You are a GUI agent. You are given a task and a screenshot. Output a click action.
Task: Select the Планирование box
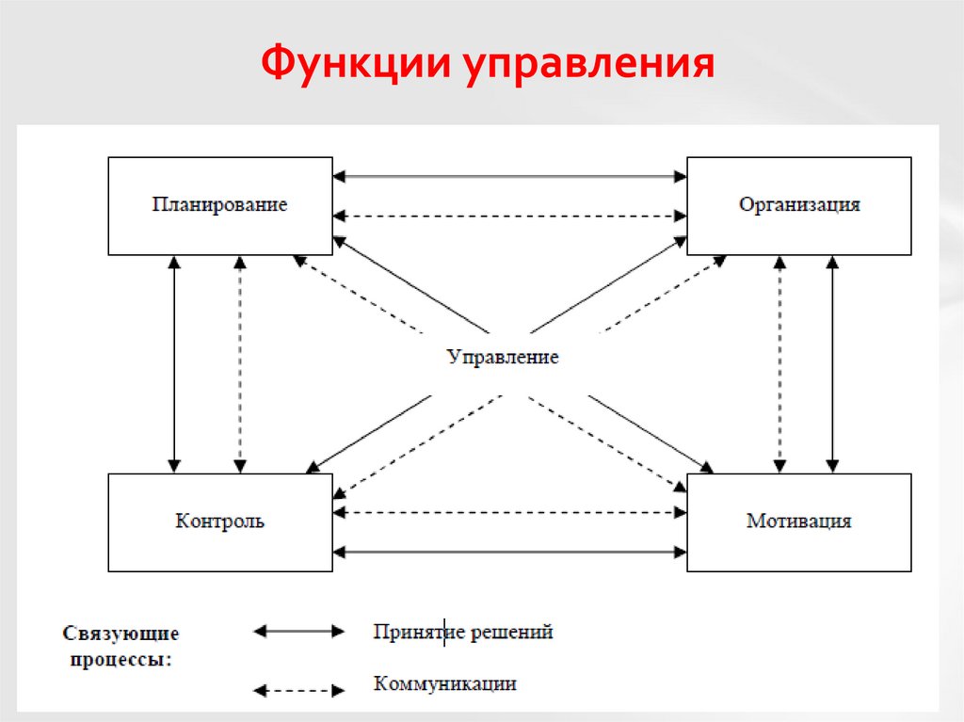220,205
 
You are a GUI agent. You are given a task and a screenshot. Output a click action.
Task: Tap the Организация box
798,205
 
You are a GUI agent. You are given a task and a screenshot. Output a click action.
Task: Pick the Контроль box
220,521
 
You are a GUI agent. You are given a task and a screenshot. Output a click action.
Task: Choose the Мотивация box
798,521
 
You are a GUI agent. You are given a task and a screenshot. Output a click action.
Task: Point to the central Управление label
503,358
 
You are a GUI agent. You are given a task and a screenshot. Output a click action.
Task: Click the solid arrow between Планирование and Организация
509,175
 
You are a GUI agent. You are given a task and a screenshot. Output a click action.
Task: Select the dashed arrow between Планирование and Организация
509,216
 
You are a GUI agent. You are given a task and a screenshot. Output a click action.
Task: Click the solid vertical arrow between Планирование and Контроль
173,364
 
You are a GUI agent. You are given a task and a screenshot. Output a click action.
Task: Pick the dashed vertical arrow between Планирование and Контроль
239,364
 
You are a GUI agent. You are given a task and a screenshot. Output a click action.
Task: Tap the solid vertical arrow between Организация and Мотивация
832,364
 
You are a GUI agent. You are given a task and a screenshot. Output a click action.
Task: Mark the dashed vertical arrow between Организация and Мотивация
779,364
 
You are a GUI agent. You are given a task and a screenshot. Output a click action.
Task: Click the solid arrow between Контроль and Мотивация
509,552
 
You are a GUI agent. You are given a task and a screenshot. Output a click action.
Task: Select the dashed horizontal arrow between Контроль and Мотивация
509,513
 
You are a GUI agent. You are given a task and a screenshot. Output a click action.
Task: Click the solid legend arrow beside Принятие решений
298,632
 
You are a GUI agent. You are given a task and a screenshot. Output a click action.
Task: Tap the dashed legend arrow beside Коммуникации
298,690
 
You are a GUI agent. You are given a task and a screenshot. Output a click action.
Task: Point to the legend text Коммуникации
444,684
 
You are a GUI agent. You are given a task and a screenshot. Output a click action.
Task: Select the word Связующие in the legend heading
120,634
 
